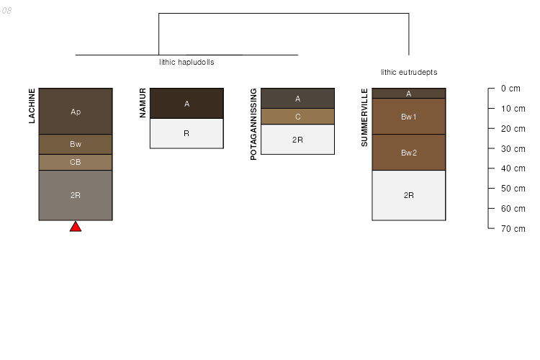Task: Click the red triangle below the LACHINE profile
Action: (76, 227)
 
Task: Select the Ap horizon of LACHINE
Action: (76, 112)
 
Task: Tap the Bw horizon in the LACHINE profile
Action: (76, 144)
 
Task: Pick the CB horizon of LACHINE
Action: (76, 162)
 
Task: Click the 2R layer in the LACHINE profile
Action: (76, 195)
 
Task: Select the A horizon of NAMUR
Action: (186, 104)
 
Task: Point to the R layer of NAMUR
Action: (186, 133)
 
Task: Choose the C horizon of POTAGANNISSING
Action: (297, 117)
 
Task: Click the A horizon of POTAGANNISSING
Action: (297, 99)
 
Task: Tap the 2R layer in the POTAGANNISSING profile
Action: (297, 139)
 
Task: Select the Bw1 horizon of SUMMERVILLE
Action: (409, 117)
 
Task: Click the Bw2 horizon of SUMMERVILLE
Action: (409, 152)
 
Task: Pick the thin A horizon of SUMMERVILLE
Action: (409, 94)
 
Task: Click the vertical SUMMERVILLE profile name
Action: (364, 117)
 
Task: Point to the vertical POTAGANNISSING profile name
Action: (253, 124)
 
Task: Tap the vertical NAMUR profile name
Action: (143, 103)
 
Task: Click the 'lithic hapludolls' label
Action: (186, 62)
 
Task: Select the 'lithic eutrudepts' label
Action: (409, 72)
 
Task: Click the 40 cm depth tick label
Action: (513, 168)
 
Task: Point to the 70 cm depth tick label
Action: (513, 229)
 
